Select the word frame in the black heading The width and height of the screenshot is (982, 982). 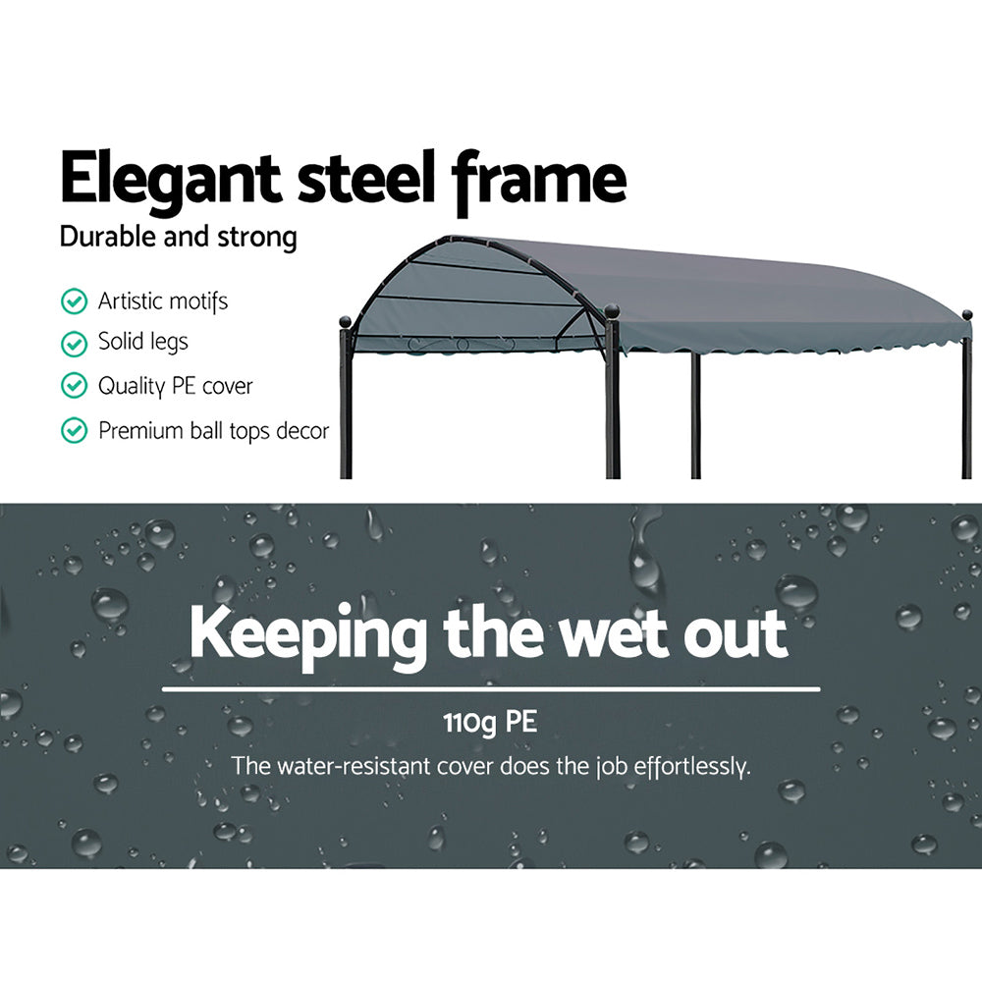[x=539, y=180]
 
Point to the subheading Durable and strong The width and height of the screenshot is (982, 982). [x=178, y=238]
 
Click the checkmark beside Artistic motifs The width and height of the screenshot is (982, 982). [x=74, y=301]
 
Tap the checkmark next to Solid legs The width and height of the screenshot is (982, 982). [x=74, y=344]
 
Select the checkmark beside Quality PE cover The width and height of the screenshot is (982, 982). [x=74, y=387]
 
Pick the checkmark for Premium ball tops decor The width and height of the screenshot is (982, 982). [x=74, y=430]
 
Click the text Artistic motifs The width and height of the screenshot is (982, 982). [x=163, y=300]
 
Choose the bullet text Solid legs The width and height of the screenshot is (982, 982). [x=142, y=343]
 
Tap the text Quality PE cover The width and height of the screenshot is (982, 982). [x=175, y=387]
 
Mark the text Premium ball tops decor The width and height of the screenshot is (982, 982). [x=213, y=430]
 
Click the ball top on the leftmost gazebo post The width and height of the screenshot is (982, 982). [x=345, y=321]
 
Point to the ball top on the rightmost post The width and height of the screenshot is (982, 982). [x=966, y=315]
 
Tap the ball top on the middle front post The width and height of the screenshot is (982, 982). [x=612, y=311]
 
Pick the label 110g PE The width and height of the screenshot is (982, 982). [x=489, y=725]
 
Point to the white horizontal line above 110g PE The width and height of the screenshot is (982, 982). [x=491, y=689]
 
